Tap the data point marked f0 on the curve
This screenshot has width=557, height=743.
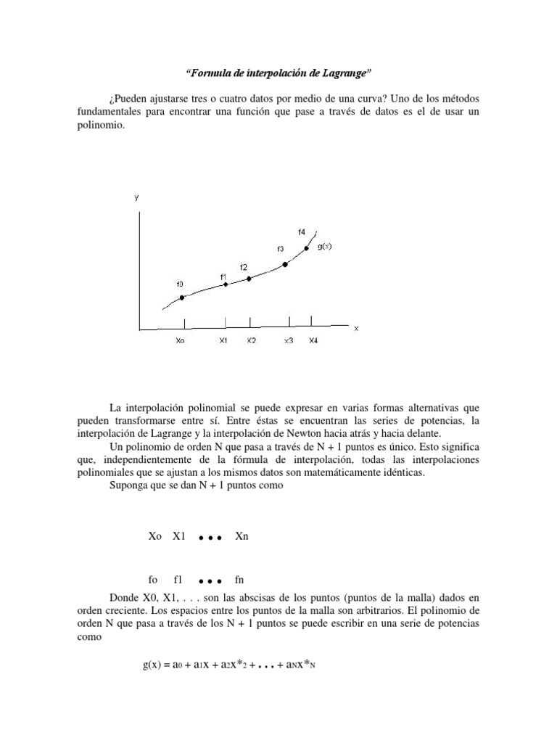click(182, 297)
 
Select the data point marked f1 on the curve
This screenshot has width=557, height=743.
click(226, 284)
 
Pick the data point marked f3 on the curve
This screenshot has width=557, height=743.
click(285, 265)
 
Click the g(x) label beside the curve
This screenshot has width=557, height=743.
click(325, 246)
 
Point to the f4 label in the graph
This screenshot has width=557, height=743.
click(301, 231)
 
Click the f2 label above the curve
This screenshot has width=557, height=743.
click(244, 267)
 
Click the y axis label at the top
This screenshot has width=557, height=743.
click(136, 197)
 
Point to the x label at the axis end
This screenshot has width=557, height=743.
click(356, 328)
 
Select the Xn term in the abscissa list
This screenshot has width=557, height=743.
click(242, 537)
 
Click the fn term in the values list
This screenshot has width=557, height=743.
click(240, 580)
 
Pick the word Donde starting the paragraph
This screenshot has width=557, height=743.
click(125, 597)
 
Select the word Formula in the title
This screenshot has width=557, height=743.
click(210, 73)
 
